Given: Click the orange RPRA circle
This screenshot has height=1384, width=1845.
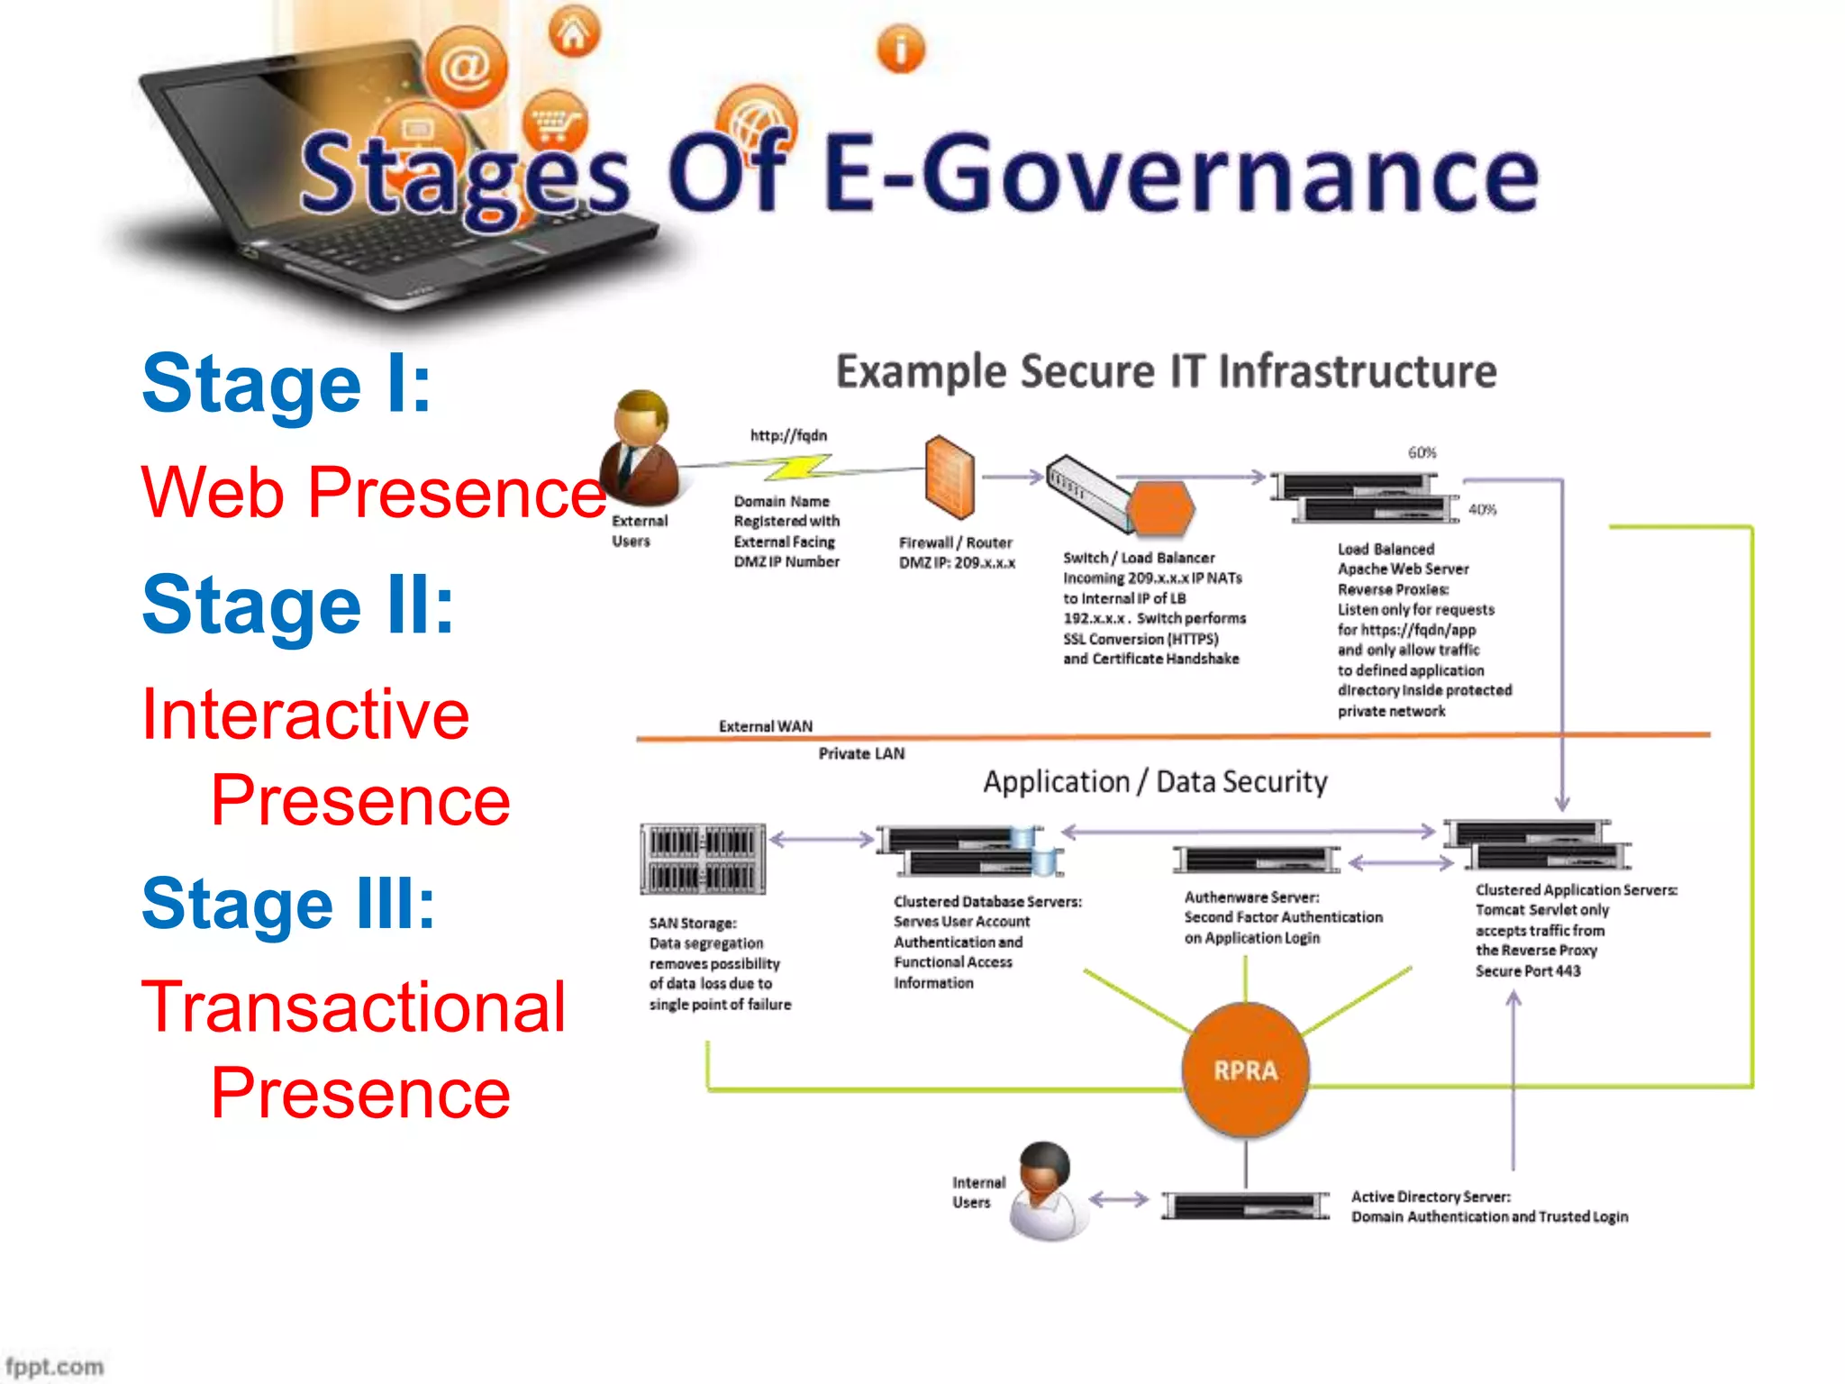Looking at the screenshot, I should point(1245,1070).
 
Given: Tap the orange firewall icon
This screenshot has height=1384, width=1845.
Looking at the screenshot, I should point(950,477).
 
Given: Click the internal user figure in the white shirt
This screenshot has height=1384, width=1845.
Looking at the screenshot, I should point(1048,1191).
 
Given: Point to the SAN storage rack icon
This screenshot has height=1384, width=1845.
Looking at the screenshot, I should point(703,858).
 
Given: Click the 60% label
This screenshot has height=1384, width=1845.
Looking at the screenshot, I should point(1422,452).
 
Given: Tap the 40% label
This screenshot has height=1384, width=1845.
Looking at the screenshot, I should point(1482,510).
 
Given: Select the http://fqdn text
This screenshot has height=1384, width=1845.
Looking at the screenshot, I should point(788,435).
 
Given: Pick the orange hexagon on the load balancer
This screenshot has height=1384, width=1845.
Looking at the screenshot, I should point(1161,507).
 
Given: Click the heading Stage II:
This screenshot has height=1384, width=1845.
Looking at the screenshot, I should point(298,605).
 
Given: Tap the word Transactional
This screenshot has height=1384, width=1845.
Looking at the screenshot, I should point(354,1006).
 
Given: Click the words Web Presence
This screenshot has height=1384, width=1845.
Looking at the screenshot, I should point(373,492).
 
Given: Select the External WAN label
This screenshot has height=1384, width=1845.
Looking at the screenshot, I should point(765,726).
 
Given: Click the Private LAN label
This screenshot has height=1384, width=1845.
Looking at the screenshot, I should point(861,753).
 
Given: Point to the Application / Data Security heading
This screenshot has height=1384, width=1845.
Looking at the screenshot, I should point(1155,781).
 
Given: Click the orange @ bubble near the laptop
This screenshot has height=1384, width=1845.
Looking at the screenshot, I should point(466,68).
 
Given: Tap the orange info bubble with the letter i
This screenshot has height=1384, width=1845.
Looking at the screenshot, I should point(900,49).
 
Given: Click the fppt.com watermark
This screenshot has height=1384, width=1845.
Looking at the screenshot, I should point(54,1366).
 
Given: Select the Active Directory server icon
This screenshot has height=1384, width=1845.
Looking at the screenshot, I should point(1245,1205).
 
